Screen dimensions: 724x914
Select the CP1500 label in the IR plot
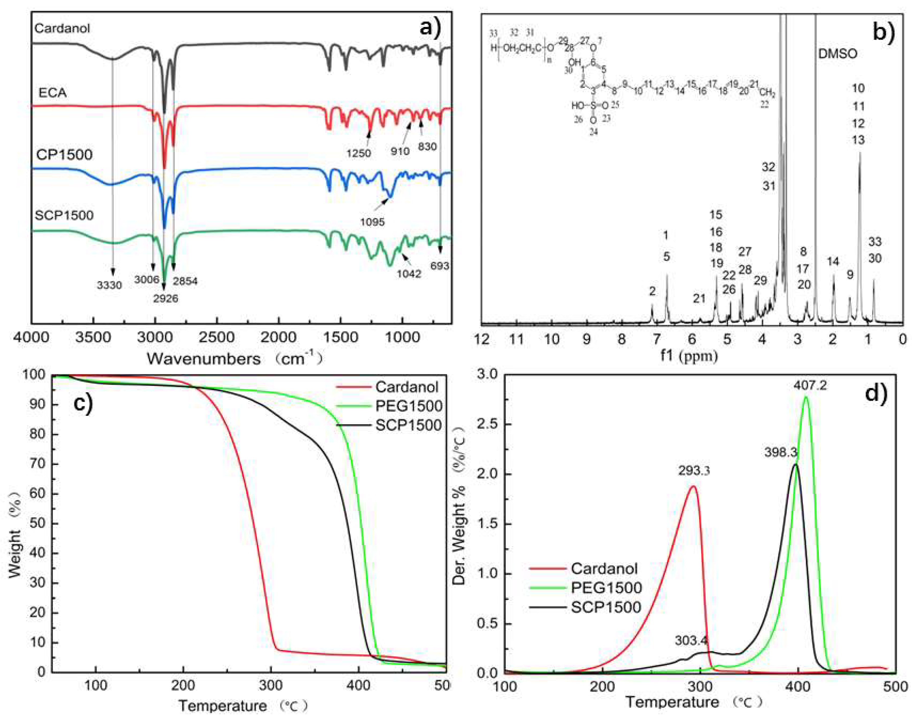pyautogui.click(x=64, y=155)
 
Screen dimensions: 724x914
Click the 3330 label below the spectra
pyautogui.click(x=109, y=285)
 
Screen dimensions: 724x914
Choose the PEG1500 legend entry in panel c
pyautogui.click(x=408, y=406)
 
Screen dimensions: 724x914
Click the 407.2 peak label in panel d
pyautogui.click(x=804, y=386)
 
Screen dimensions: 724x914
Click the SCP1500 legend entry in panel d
pyautogui.click(x=606, y=607)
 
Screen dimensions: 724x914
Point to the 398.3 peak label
pyautogui.click(x=781, y=452)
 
